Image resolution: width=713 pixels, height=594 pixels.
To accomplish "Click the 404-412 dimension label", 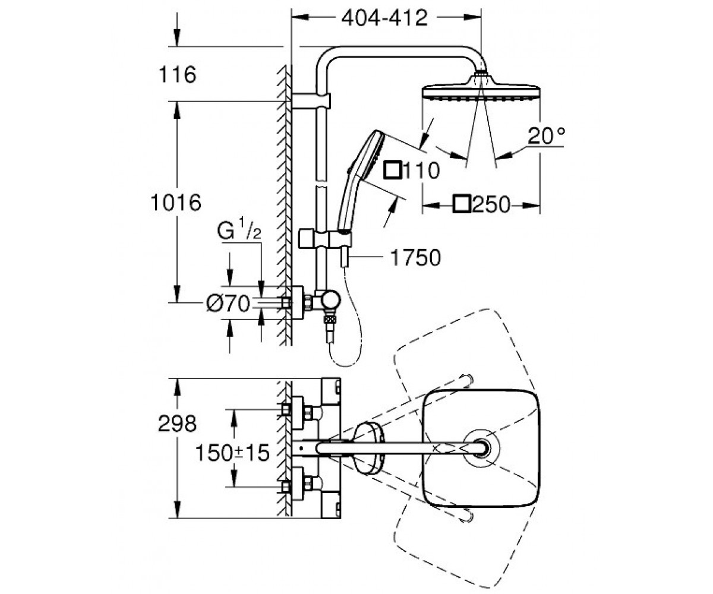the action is [384, 18].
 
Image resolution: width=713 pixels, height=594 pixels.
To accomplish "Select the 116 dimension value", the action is [178, 74].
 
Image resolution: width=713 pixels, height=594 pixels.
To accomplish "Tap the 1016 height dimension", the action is [176, 203].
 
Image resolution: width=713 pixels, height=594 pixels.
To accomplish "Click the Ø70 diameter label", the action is [228, 303].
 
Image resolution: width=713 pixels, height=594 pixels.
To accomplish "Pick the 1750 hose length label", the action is [415, 257].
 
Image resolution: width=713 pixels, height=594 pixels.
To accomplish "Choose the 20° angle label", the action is [546, 136].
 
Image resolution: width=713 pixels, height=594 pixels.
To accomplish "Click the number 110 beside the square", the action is [422, 170].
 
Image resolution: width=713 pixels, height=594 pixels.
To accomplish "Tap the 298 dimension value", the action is [177, 424].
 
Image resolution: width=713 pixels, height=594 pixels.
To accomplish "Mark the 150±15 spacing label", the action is [232, 453].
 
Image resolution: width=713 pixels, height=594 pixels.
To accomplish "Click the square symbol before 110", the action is [393, 170].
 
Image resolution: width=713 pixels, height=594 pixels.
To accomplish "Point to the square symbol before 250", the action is [462, 204].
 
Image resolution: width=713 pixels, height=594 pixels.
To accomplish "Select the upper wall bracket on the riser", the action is [311, 101].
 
